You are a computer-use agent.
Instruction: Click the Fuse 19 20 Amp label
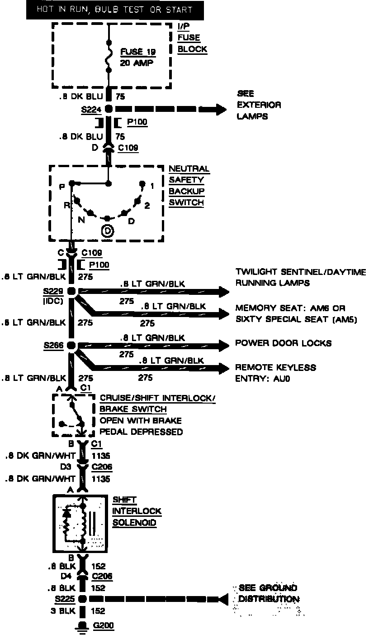137,57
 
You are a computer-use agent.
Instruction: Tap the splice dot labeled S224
109,109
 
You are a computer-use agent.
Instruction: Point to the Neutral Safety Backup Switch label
189,186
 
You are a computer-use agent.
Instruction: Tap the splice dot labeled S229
72,291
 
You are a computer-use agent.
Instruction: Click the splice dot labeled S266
71,346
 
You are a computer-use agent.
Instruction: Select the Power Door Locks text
283,343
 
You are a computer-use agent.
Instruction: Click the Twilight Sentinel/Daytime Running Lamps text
301,277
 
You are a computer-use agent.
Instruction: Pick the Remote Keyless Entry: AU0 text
275,373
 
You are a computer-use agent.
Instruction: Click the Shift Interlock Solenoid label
137,511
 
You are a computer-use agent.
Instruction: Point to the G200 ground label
104,626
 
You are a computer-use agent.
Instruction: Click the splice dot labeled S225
82,599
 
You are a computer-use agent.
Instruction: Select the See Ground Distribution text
268,593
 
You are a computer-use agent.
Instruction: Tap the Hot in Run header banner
114,10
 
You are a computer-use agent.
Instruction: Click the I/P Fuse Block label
192,38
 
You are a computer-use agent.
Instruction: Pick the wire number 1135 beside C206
101,479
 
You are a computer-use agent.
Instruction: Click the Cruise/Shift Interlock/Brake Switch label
157,415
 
